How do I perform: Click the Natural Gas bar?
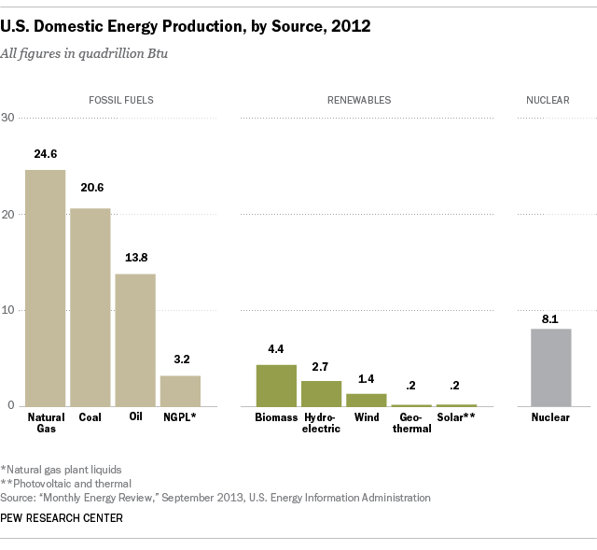click(46, 288)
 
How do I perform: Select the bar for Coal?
click(90, 306)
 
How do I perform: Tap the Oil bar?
click(135, 339)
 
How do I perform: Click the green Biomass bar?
click(276, 385)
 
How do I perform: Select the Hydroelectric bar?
click(321, 393)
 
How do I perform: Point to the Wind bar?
click(367, 400)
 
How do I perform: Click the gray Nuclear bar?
click(550, 367)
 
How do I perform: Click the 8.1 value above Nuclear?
click(550, 318)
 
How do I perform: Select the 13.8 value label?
click(135, 259)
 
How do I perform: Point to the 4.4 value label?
click(276, 349)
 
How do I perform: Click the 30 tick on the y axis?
click(8, 118)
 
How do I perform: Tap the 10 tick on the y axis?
click(8, 310)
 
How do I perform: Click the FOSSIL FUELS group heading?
click(114, 99)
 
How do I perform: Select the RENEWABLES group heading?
click(359, 99)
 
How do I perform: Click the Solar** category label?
click(456, 417)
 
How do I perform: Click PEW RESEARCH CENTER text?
click(62, 518)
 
